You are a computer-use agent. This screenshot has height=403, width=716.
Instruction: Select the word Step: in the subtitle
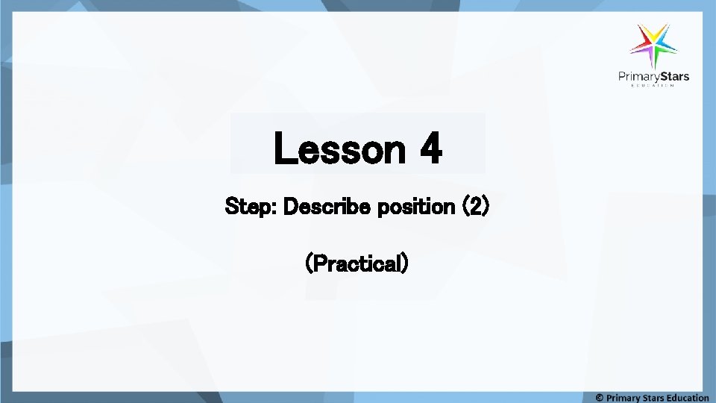(x=251, y=207)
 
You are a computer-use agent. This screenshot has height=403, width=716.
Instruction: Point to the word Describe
(x=328, y=207)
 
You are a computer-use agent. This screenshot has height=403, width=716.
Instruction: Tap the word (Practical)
(x=357, y=263)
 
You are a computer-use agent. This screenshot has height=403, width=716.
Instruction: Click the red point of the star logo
(x=641, y=34)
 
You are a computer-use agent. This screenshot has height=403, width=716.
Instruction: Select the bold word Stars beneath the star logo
(x=673, y=76)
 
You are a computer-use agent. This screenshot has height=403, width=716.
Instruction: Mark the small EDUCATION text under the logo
(x=653, y=86)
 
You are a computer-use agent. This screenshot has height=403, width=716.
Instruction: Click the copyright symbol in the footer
(x=600, y=397)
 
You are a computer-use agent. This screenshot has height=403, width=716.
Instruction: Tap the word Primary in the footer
(x=624, y=397)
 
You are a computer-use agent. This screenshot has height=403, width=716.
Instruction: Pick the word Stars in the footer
(x=659, y=397)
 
